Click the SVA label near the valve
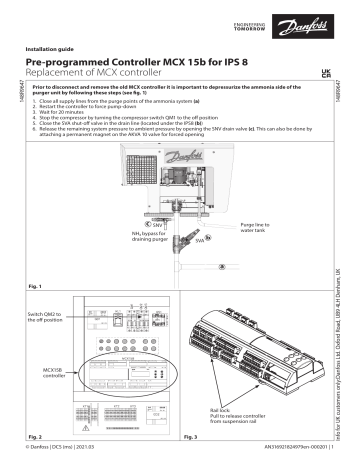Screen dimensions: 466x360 point(201,240)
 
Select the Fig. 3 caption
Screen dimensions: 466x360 point(189,438)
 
